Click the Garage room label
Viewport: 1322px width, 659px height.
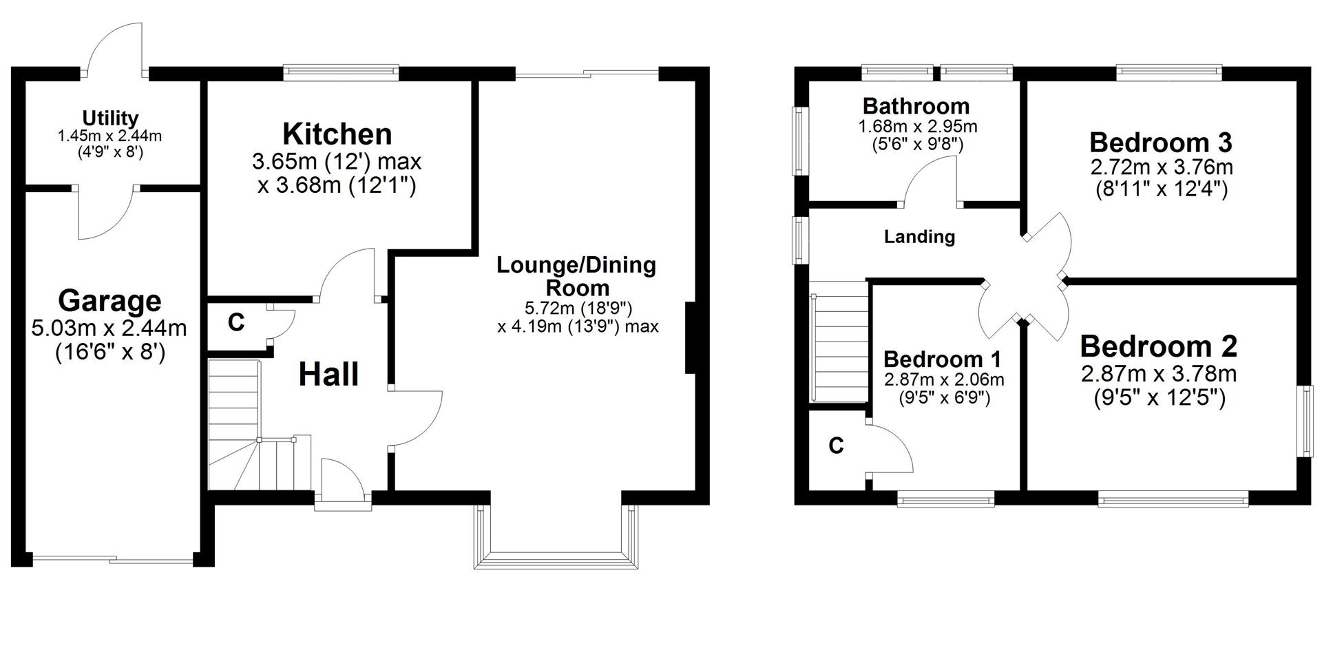coord(109,301)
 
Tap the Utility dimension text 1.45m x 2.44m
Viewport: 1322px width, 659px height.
coord(110,136)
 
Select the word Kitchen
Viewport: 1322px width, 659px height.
coord(337,134)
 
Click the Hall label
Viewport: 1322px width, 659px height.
coord(328,375)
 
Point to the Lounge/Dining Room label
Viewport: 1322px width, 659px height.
coord(576,275)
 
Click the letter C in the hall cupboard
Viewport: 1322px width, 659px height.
coord(236,322)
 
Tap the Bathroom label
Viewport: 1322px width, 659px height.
coord(916,106)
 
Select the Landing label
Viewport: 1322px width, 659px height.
coord(919,237)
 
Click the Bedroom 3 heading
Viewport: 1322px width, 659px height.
coord(1160,143)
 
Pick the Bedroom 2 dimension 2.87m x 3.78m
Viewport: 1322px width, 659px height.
coord(1159,374)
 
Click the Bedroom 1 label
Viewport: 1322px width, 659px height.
coord(942,359)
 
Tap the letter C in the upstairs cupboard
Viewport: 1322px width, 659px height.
coord(836,446)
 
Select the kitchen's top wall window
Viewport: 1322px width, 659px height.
coord(342,72)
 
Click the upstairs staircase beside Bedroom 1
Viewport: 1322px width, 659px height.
coord(840,348)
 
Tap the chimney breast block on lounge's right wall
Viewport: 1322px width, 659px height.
coord(691,337)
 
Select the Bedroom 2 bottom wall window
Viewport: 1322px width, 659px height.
coord(1173,499)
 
